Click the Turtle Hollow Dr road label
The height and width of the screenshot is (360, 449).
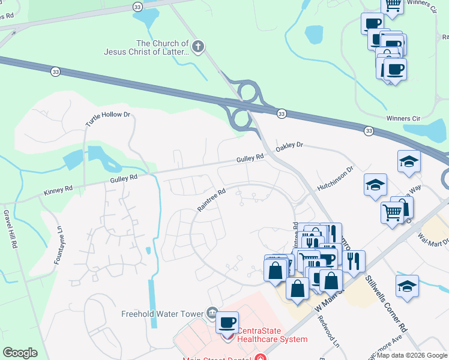point(107,119)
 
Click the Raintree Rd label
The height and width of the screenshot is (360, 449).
point(211,200)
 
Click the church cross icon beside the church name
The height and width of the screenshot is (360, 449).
point(199,47)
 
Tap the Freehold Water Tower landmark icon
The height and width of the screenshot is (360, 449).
point(211,313)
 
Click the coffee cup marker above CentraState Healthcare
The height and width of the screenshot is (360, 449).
point(227,322)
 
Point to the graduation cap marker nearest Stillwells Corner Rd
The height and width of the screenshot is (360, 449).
point(407,286)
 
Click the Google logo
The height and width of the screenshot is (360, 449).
point(20,353)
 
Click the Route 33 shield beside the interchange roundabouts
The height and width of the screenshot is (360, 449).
point(281,113)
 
